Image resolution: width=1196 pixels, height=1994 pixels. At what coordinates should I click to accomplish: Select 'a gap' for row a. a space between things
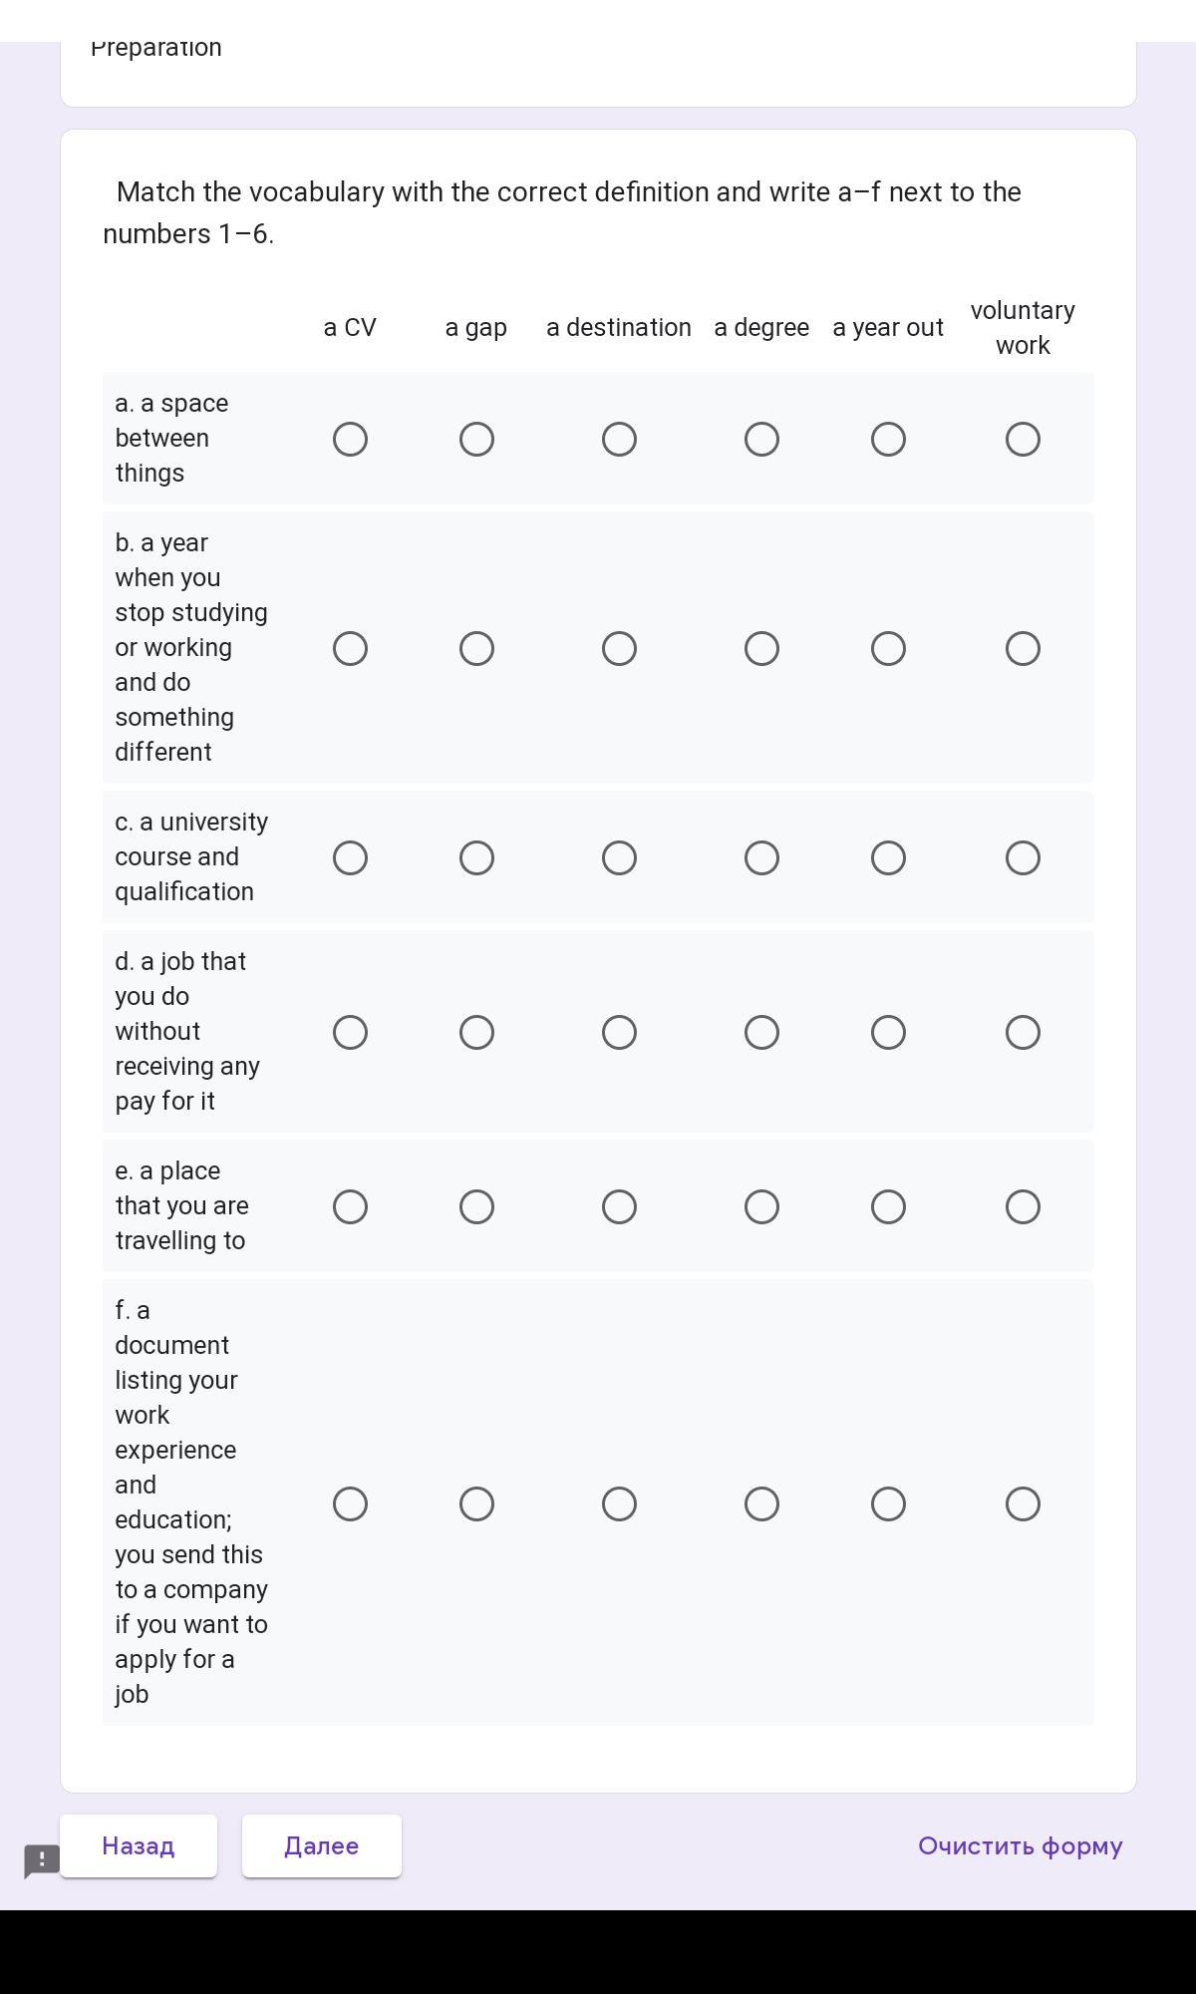(476, 440)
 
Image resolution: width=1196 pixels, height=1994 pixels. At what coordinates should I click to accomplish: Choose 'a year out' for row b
(888, 649)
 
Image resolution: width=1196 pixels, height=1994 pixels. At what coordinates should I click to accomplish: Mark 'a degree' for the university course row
(761, 858)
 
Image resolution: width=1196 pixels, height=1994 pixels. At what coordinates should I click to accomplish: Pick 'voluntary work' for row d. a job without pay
(1023, 1033)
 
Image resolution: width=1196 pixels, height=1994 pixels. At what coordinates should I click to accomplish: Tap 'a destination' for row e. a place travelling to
(619, 1207)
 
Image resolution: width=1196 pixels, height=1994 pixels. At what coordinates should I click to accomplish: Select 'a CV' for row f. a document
(350, 1504)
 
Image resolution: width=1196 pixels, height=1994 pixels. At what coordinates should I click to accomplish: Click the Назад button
(139, 1846)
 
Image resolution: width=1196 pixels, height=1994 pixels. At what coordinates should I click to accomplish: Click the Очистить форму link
(1020, 1846)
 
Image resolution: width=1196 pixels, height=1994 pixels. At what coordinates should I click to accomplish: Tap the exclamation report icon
(42, 1860)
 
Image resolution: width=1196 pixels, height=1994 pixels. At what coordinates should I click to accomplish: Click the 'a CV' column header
(350, 328)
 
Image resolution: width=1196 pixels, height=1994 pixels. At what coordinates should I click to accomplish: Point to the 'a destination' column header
(619, 328)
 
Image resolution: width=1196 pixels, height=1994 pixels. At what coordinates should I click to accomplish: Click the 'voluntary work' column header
(1023, 328)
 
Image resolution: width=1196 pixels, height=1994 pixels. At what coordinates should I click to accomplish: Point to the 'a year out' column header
(888, 328)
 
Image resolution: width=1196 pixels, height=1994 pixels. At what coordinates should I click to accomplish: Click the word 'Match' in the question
(155, 192)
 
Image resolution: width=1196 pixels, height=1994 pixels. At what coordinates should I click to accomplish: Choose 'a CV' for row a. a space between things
(350, 440)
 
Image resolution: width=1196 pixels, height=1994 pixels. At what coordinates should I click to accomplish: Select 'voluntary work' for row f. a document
(1023, 1504)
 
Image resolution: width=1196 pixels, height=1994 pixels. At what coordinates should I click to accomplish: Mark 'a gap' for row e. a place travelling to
(476, 1207)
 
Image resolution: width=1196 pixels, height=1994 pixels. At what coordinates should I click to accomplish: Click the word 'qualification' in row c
(184, 892)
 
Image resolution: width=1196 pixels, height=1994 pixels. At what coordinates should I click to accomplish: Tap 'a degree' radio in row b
(761, 649)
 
